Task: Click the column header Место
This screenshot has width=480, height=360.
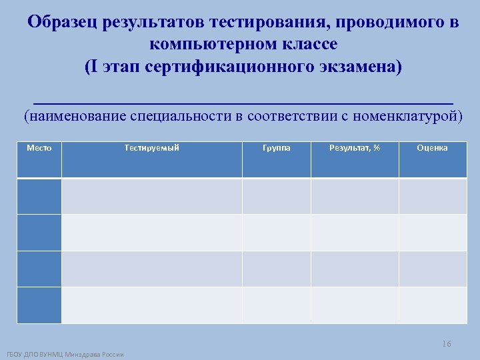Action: click(x=39, y=148)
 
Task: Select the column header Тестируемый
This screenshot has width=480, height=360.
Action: click(x=152, y=148)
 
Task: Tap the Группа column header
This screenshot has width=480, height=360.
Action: click(x=277, y=148)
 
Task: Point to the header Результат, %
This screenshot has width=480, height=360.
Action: click(x=355, y=148)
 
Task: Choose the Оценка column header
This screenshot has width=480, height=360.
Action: click(x=433, y=148)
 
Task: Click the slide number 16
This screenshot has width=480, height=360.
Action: click(x=446, y=344)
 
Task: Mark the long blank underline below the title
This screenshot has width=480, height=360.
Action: click(x=243, y=102)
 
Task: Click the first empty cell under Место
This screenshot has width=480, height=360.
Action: click(x=39, y=196)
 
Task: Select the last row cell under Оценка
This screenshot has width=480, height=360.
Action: click(x=433, y=305)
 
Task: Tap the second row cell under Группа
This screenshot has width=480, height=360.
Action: click(x=277, y=233)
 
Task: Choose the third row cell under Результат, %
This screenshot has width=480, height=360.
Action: click(x=355, y=269)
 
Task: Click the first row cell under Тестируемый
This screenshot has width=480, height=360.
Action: click(x=152, y=196)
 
